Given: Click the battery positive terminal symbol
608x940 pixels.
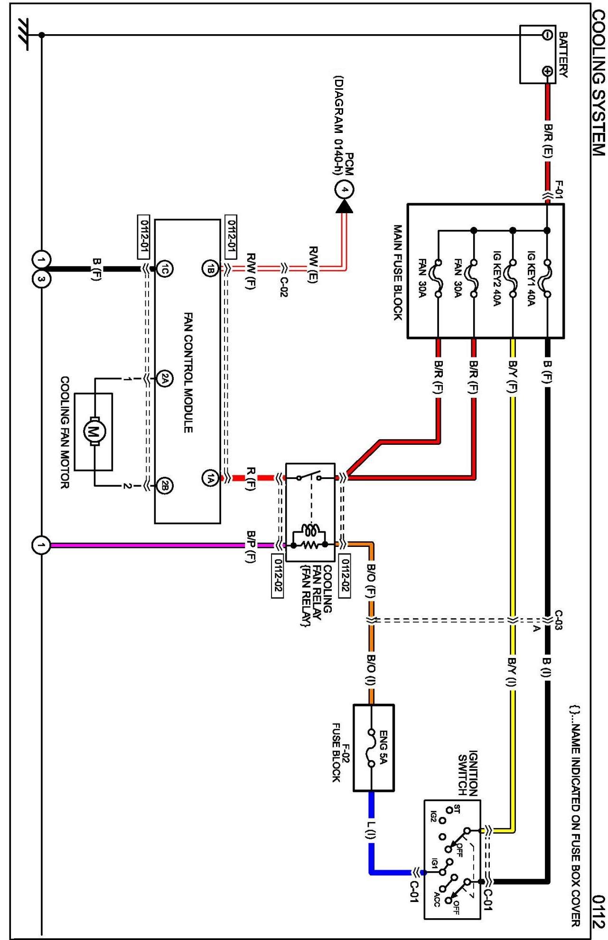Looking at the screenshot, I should [x=547, y=71].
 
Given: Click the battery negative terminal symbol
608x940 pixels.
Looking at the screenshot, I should [x=547, y=35].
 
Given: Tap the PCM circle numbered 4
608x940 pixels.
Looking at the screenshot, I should [x=345, y=190].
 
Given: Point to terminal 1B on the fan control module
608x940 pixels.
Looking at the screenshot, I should [x=210, y=269].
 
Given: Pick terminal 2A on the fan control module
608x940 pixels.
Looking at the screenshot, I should [x=164, y=378].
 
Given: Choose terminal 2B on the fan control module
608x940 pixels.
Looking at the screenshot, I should [x=164, y=486].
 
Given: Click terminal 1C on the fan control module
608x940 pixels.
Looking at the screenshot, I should [x=164, y=269].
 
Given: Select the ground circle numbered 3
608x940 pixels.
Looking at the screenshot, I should [x=41, y=279].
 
